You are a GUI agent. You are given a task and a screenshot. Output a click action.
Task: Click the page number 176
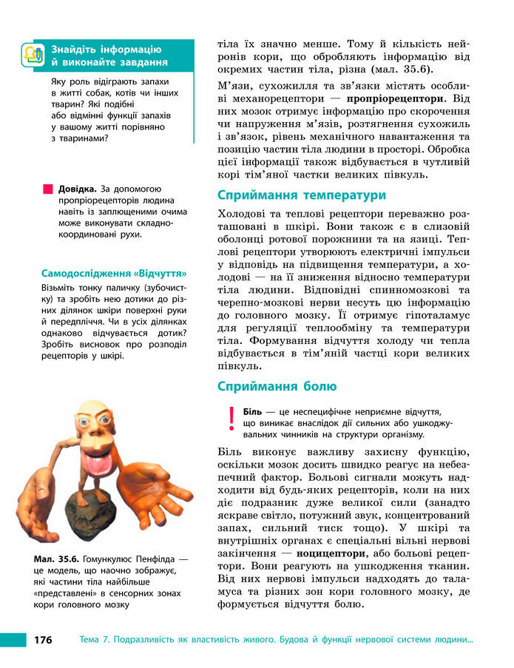click(42, 640)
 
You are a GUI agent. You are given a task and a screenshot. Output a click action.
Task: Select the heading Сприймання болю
click(277, 386)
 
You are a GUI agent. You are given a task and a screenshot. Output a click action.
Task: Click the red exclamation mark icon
click(231, 419)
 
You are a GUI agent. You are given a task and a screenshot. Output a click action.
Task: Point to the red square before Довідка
click(49, 189)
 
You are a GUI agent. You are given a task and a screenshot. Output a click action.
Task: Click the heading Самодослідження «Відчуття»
click(113, 272)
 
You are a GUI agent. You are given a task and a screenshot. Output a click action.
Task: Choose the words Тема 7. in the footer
click(96, 640)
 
